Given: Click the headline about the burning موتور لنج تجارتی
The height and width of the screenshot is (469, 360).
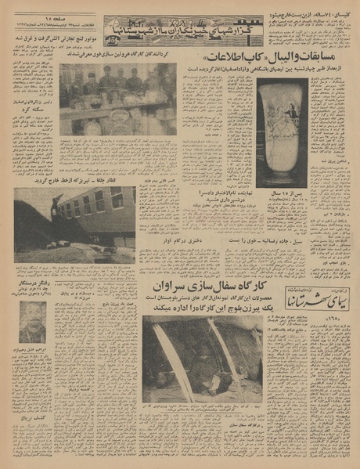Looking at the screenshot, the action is coord(52,36).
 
